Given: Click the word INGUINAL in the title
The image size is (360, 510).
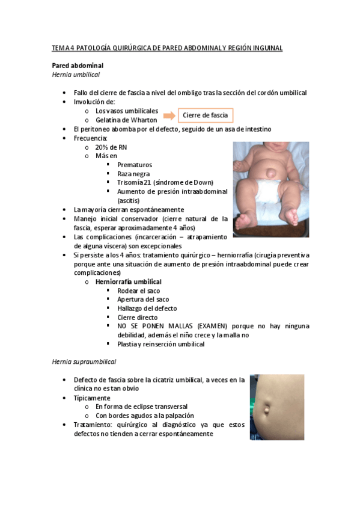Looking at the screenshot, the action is (x=266, y=48).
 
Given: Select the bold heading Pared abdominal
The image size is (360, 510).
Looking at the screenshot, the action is (x=78, y=65).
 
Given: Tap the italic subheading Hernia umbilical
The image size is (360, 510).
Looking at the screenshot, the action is (x=75, y=75).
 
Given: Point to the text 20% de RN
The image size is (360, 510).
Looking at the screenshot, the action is (x=111, y=147).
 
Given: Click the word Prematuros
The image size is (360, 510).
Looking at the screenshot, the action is (x=135, y=164).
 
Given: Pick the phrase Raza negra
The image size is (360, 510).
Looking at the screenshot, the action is (x=134, y=173).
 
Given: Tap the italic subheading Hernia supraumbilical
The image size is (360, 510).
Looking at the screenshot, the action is (x=84, y=362).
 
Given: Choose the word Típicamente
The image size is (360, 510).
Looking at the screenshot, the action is (x=91, y=398).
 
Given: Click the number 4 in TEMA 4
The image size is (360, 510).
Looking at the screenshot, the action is (x=73, y=48).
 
